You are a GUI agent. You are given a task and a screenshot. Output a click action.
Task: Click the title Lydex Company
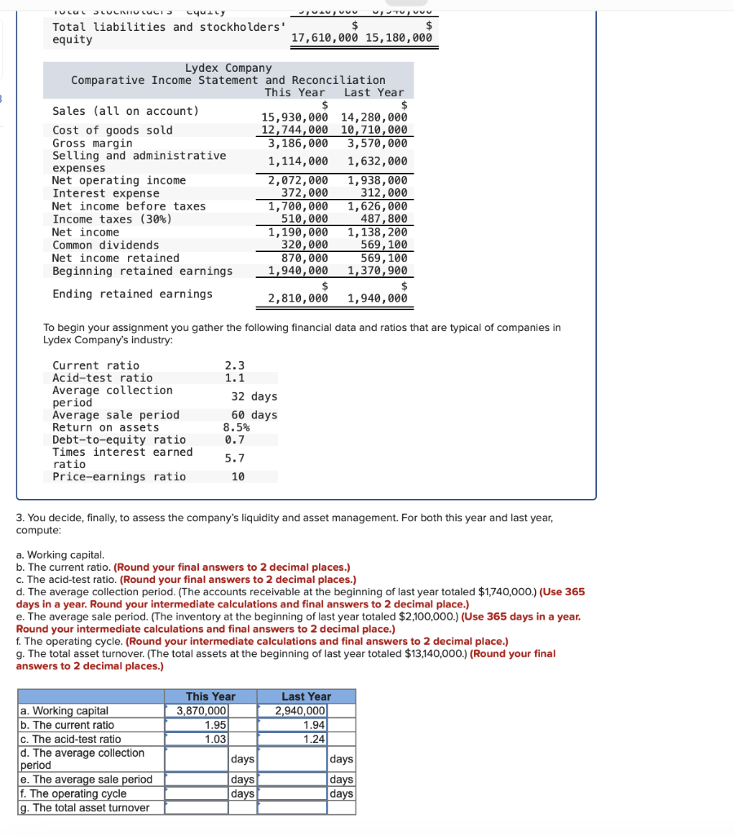[x=228, y=68]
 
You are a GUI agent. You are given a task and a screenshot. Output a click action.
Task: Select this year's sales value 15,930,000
[x=294, y=117]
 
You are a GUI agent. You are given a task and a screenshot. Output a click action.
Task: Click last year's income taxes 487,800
[x=383, y=219]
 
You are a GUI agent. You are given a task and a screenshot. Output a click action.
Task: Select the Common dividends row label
[x=106, y=245]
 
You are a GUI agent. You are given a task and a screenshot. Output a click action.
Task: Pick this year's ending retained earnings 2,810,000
[x=298, y=298]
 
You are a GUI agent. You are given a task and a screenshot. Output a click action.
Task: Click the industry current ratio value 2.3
[x=234, y=365]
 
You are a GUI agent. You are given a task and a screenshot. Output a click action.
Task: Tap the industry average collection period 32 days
[x=254, y=396]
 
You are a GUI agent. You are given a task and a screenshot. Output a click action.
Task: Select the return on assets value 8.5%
[x=237, y=427]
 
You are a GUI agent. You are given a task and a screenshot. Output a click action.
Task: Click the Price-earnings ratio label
[x=119, y=476]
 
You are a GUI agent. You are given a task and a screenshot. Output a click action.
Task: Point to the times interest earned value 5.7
[x=234, y=458]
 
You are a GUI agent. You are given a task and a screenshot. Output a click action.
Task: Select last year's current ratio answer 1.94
[x=313, y=725]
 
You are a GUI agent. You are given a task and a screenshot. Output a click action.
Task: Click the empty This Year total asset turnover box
[x=197, y=807]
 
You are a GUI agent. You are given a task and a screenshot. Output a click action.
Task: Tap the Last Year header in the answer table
[x=306, y=696]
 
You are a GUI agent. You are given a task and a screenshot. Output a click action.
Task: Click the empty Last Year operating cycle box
[x=293, y=793]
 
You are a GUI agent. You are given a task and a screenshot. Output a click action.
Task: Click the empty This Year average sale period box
[x=197, y=780]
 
